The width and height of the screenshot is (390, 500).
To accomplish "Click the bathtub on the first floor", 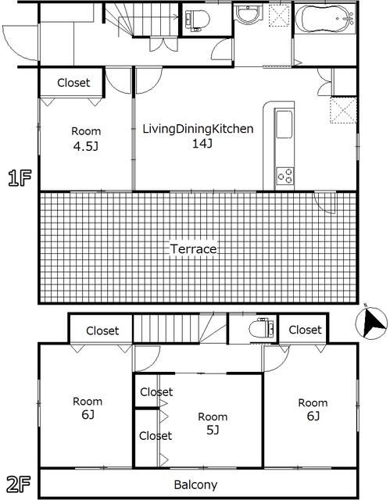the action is [x=324, y=19].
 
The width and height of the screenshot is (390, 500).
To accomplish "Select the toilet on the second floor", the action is [x=261, y=327].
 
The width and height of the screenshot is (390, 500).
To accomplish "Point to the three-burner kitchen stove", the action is [x=285, y=176].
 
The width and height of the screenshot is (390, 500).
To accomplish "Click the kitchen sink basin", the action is [x=284, y=124].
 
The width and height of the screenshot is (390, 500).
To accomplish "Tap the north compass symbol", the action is [x=371, y=322].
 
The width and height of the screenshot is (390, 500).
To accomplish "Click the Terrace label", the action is [x=193, y=249].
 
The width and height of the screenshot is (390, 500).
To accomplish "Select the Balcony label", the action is [x=195, y=484].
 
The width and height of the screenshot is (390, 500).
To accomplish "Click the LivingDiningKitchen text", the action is [x=198, y=129].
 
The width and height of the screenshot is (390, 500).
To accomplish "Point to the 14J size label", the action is [x=202, y=144].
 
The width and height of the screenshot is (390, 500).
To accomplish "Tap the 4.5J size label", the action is [x=85, y=146].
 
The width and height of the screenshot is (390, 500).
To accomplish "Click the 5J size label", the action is [x=213, y=430].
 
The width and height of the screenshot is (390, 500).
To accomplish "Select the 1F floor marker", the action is [x=20, y=178].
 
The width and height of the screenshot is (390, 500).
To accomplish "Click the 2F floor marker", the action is [x=18, y=484].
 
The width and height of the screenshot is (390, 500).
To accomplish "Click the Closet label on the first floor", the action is [x=73, y=83].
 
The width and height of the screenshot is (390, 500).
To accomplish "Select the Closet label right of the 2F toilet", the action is [x=305, y=330].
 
